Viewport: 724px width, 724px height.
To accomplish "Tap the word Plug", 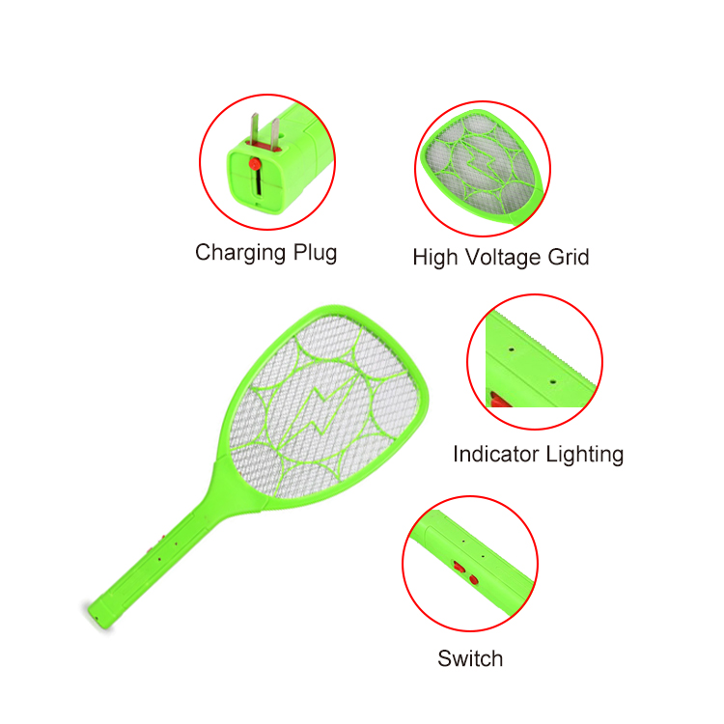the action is click(316, 254).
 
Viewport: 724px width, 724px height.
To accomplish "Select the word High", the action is click(434, 258).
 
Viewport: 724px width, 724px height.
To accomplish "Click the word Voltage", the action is click(502, 258).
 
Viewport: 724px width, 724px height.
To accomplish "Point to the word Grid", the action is click(569, 257).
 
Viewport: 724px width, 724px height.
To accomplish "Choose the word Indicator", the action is click(496, 454).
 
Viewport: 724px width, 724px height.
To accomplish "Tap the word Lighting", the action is click(585, 455).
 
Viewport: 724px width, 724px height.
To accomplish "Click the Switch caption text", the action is click(470, 658).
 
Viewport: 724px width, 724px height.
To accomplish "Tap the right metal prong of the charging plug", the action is click(275, 134).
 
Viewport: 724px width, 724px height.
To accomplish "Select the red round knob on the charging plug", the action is click(255, 164).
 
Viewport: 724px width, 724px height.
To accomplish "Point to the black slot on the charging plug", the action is click(258, 181).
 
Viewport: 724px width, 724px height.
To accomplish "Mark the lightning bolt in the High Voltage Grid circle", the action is click(480, 162).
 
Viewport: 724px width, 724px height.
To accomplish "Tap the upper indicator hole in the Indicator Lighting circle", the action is click(511, 349).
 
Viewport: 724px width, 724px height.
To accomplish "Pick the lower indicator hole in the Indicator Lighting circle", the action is click(552, 382).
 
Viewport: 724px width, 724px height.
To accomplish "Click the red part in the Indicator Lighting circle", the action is click(500, 400).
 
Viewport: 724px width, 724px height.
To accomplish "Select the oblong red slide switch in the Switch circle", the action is click(459, 566).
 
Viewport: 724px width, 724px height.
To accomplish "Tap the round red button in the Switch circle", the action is click(473, 579).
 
